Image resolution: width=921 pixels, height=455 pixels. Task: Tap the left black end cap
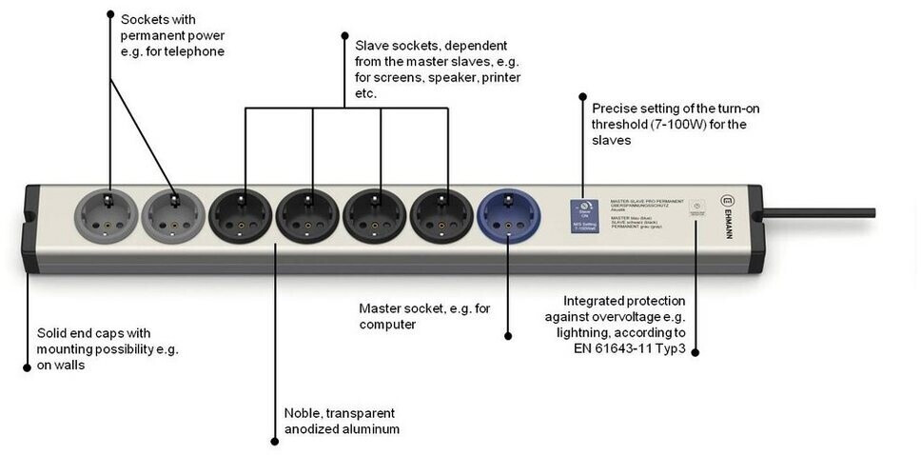29,228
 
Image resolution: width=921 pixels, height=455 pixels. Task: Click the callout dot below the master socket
507,335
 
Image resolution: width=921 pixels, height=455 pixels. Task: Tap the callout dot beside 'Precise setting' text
581,96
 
